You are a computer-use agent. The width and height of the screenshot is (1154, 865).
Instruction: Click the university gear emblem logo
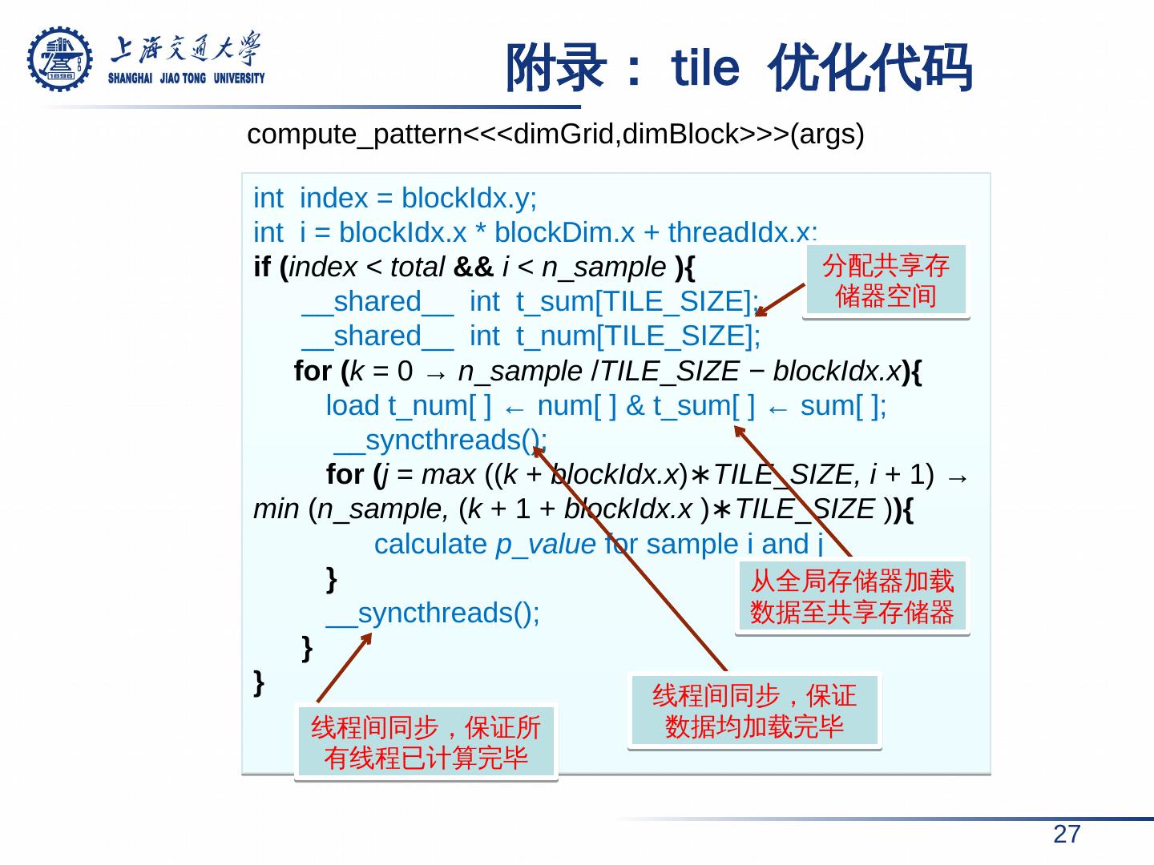[x=60, y=59]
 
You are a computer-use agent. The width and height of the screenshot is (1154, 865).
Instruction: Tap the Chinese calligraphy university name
[x=186, y=50]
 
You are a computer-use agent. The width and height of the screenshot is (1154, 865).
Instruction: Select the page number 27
[x=1066, y=835]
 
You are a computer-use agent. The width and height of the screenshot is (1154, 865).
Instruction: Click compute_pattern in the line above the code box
[x=354, y=135]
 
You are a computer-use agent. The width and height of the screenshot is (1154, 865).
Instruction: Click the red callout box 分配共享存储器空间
[x=886, y=280]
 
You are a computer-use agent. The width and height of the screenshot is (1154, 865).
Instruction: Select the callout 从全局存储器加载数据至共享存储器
[x=852, y=596]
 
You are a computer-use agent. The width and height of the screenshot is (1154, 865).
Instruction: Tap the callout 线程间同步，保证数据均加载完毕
[x=754, y=710]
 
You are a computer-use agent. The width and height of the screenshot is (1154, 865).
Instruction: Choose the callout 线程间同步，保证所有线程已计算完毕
[x=426, y=742]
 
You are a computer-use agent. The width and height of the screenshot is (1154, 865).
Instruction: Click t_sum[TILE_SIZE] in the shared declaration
[x=638, y=302]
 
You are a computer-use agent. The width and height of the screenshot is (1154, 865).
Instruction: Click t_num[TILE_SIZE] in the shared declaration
[x=639, y=336]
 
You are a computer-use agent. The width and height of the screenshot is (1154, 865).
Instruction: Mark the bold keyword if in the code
[x=262, y=267]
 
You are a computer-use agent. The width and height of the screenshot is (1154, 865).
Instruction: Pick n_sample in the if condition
[x=603, y=267]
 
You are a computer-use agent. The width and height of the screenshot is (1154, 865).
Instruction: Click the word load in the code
[x=353, y=406]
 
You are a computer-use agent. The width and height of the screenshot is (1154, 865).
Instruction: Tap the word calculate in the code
[x=430, y=545]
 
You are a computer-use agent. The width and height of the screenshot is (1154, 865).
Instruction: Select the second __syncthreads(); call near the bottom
[x=433, y=614]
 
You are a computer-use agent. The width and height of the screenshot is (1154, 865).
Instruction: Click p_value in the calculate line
[x=546, y=545]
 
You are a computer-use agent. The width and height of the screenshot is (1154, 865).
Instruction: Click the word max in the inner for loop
[x=449, y=475]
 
